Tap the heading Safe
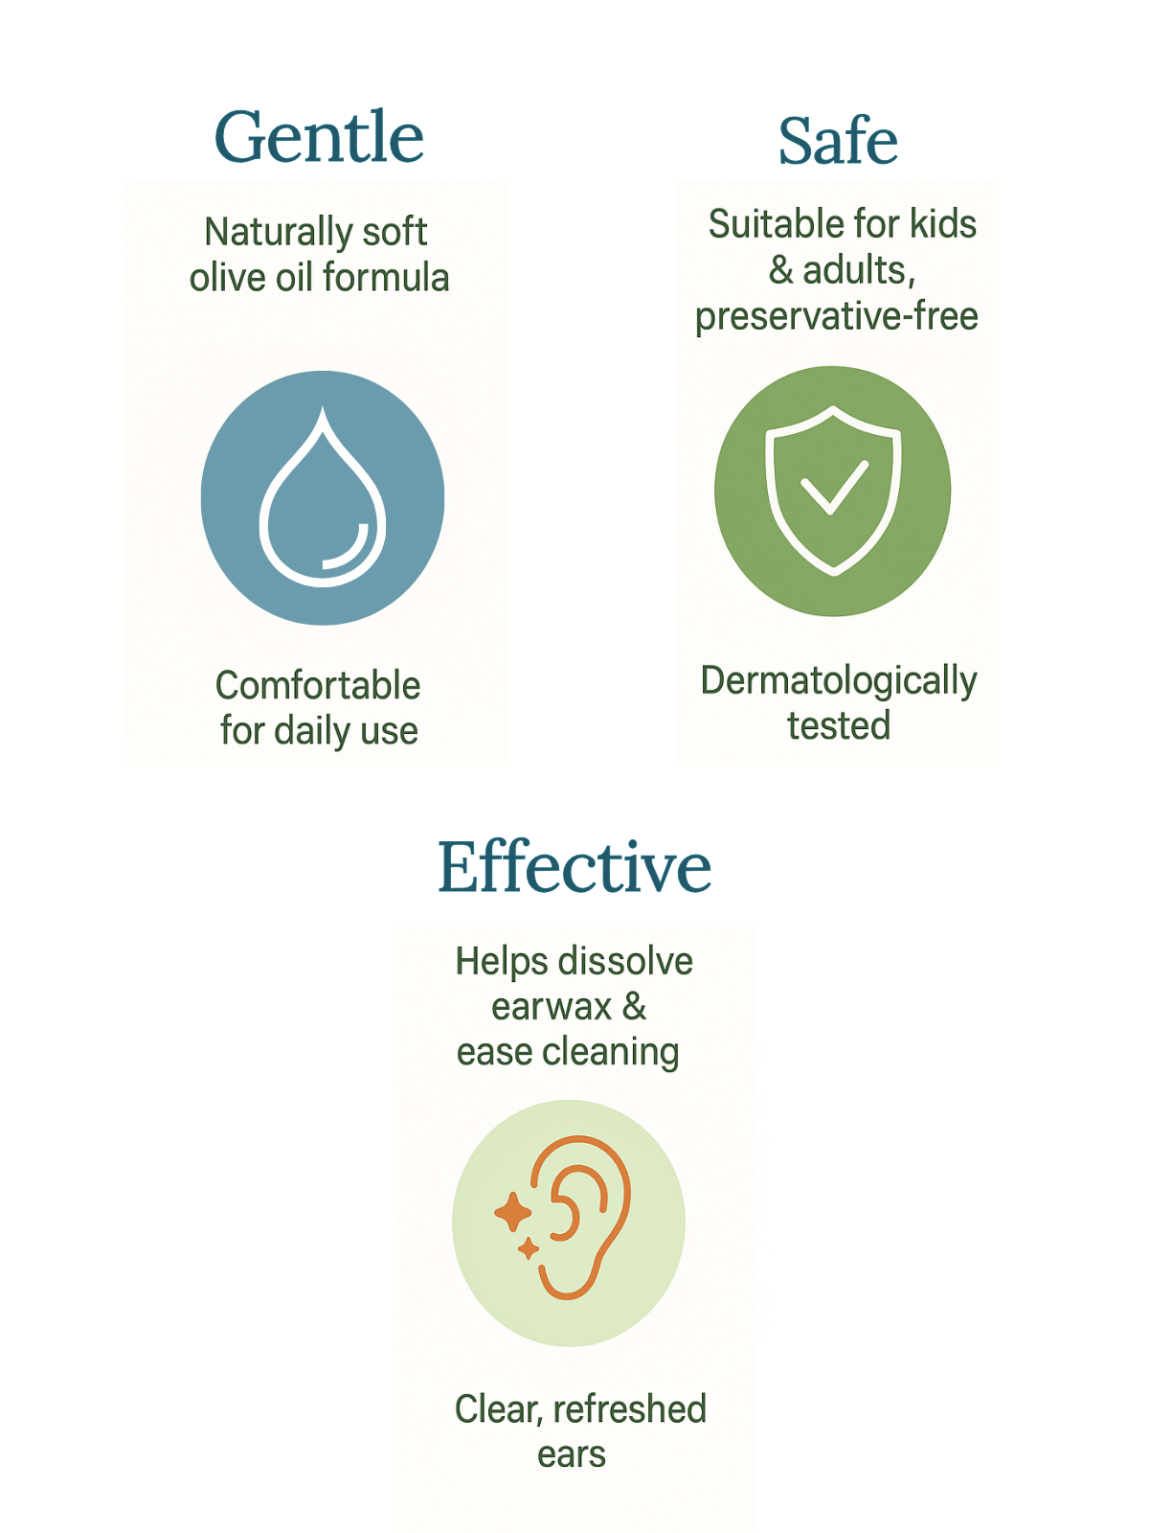pyautogui.click(x=838, y=141)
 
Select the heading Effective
pyautogui.click(x=574, y=866)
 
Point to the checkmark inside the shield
pyautogui.click(x=834, y=487)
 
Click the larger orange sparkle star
pyautogui.click(x=513, y=1212)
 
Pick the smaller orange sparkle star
pyautogui.click(x=529, y=1248)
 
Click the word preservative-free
pyautogui.click(x=837, y=316)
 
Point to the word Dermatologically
pyautogui.click(x=839, y=681)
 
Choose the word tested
pyautogui.click(x=839, y=725)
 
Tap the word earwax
pyautogui.click(x=552, y=1006)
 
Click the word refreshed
pyautogui.click(x=629, y=1408)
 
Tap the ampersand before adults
pyautogui.click(x=780, y=270)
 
